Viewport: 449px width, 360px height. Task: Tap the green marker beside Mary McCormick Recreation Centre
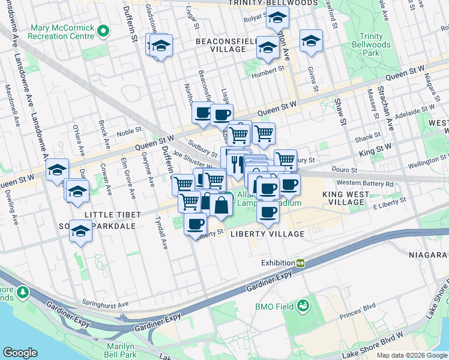[103, 31]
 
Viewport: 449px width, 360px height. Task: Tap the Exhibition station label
[277, 263]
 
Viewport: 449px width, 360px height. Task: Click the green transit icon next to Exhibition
[300, 263]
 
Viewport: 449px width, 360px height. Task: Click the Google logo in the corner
[20, 353]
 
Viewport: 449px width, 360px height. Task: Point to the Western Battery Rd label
[364, 183]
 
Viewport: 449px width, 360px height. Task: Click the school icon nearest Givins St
[311, 41]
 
